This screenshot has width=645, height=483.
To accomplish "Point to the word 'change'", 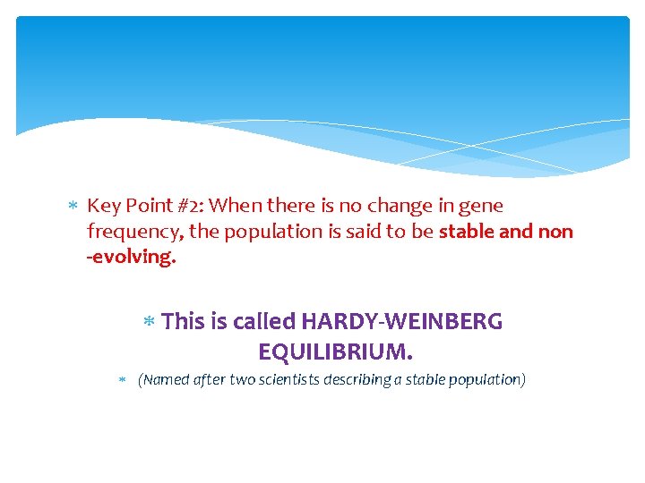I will tap(402, 206).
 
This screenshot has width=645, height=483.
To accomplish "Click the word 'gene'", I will tap(482, 207).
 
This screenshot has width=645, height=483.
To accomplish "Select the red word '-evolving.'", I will tap(132, 258).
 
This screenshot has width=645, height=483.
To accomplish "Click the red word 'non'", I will tap(555, 232).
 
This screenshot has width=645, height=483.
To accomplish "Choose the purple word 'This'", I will tap(184, 321).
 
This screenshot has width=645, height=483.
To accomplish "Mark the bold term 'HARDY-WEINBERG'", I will tap(402, 321).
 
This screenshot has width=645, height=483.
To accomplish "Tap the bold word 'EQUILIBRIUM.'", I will tap(336, 348).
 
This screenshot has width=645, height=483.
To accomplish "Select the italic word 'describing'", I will tap(374, 379).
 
